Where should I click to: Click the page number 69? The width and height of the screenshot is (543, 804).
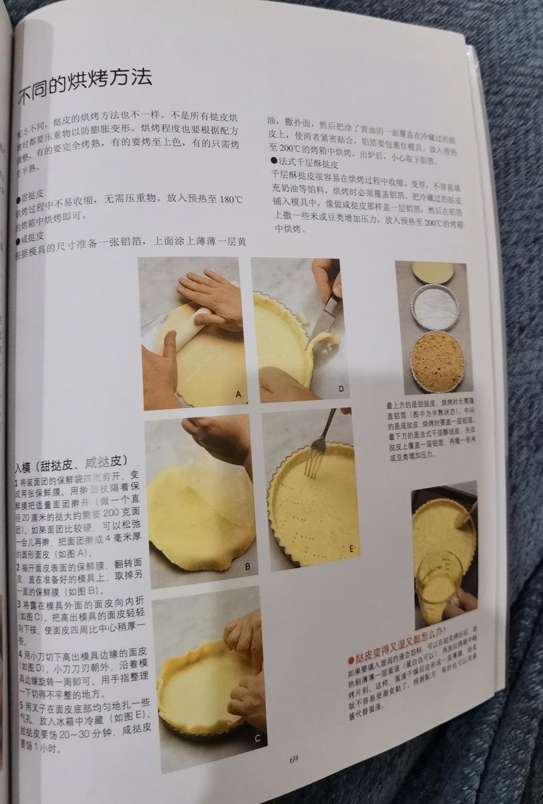click(x=294, y=759)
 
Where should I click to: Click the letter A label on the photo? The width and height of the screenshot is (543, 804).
click(x=238, y=395)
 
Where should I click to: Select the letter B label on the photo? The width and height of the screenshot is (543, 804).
click(x=247, y=566)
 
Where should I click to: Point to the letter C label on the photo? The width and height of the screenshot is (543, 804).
click(x=257, y=738)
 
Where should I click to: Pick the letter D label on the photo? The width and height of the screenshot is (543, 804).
click(x=340, y=389)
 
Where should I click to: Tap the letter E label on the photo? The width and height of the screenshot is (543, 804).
click(x=351, y=549)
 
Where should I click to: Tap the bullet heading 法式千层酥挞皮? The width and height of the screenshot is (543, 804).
click(x=304, y=164)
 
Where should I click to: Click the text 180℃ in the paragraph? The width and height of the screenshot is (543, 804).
click(x=231, y=199)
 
